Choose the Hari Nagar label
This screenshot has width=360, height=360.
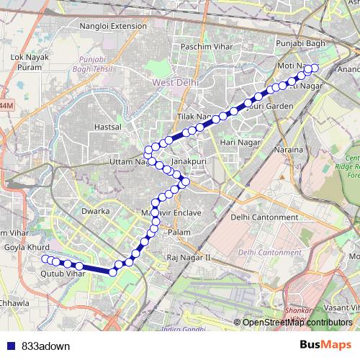pyautogui.click(x=238, y=143)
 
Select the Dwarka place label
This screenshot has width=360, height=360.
pyautogui.click(x=96, y=212)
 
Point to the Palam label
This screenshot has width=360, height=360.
pyautogui.click(x=179, y=233)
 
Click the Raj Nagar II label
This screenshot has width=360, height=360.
pyautogui.click(x=187, y=256)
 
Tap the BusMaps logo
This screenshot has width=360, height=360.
pyautogui.click(x=325, y=345)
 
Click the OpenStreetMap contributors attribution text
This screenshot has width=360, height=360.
pyautogui.click(x=297, y=322)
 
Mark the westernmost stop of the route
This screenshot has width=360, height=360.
pyautogui.click(x=45, y=258)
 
